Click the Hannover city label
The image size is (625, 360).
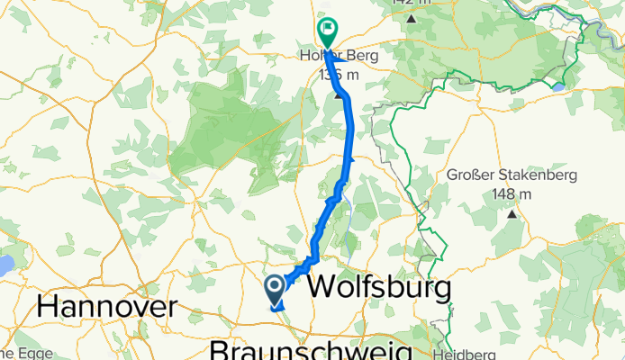pyautogui.click(x=107, y=306)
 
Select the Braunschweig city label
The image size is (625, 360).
pyautogui.click(x=311, y=349)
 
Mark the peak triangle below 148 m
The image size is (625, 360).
pyautogui.click(x=512, y=214)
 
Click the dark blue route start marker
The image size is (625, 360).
pyautogui.click(x=276, y=289)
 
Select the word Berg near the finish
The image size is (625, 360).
pyautogui.click(x=361, y=57)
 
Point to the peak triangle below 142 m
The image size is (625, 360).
pyautogui.click(x=411, y=17)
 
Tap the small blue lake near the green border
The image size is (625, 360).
pyautogui.click(x=558, y=86)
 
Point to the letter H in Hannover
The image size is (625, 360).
pyautogui.click(x=48, y=306)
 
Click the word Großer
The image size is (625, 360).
pyautogui.click(x=472, y=176)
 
